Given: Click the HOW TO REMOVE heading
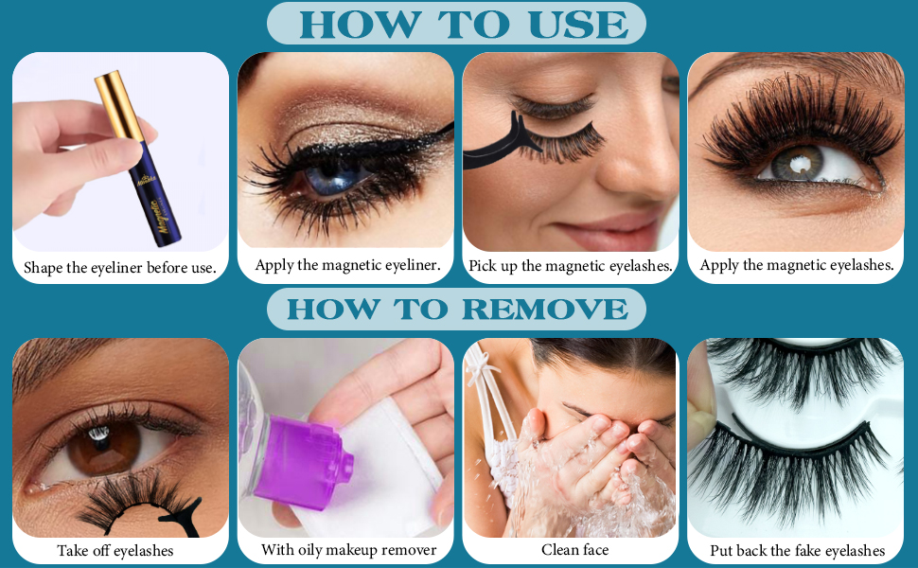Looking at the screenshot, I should pos(457,309).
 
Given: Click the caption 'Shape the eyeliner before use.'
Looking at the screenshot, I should pos(120,268).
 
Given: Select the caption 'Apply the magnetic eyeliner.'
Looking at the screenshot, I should pos(347,265).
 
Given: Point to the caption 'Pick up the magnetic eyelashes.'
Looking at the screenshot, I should pos(571,266).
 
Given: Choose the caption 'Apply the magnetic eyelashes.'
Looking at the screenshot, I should pos(797,265).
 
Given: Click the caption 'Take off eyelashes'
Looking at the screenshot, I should pos(115,550).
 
